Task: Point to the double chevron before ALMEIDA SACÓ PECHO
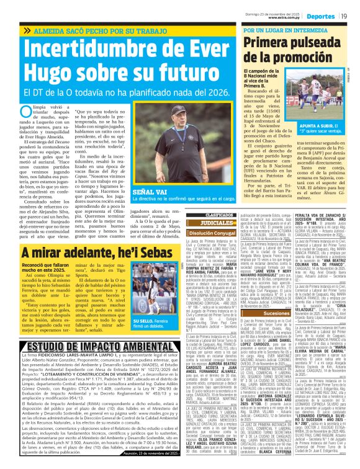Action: tap(27, 29)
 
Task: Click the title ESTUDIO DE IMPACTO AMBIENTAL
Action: tap(90, 346)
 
